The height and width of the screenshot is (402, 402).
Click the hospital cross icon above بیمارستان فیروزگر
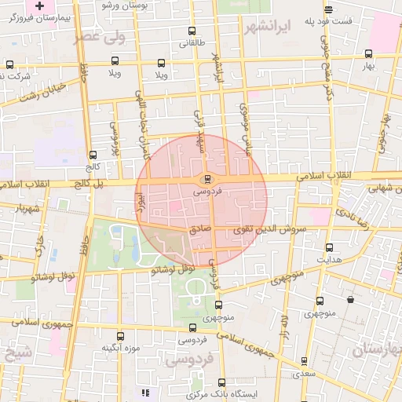tap(39, 5)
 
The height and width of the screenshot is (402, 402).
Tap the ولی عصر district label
tap(99, 37)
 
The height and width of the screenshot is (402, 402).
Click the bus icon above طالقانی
tap(192, 31)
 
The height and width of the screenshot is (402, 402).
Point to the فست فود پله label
tap(345, 20)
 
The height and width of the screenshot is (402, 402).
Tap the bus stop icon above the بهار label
tap(368, 54)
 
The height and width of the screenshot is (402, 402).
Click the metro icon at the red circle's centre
tap(206, 177)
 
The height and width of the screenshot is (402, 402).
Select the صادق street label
tap(201, 230)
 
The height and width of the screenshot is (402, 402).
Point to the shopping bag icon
tap(349, 299)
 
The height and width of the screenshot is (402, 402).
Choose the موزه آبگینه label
tap(120, 348)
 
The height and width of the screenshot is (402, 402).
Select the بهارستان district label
tap(377, 349)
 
